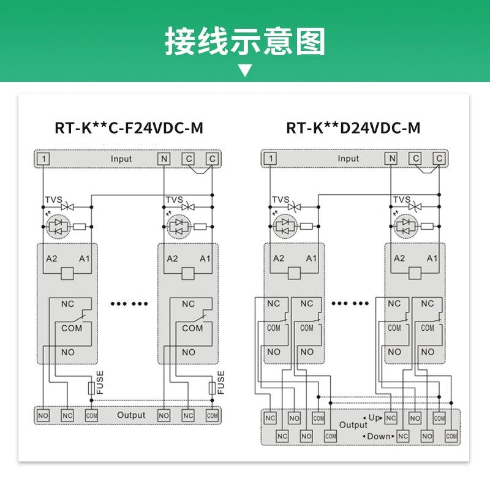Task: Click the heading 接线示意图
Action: click(x=245, y=42)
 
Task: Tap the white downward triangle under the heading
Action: click(x=245, y=70)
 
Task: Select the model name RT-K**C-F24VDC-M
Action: click(x=129, y=128)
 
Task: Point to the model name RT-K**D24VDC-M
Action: click(x=353, y=128)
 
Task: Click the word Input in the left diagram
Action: click(x=121, y=159)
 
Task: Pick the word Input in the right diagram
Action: click(x=349, y=159)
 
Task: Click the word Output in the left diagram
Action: click(x=131, y=415)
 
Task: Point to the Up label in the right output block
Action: click(x=375, y=418)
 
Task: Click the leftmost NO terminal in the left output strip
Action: click(x=43, y=416)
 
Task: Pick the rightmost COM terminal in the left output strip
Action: click(x=212, y=416)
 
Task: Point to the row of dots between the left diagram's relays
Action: click(x=128, y=303)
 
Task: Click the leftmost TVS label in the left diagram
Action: click(x=53, y=200)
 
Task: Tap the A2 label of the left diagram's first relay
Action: click(x=51, y=258)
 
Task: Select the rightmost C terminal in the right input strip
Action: click(x=439, y=159)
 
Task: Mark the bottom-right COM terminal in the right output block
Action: click(x=451, y=436)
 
